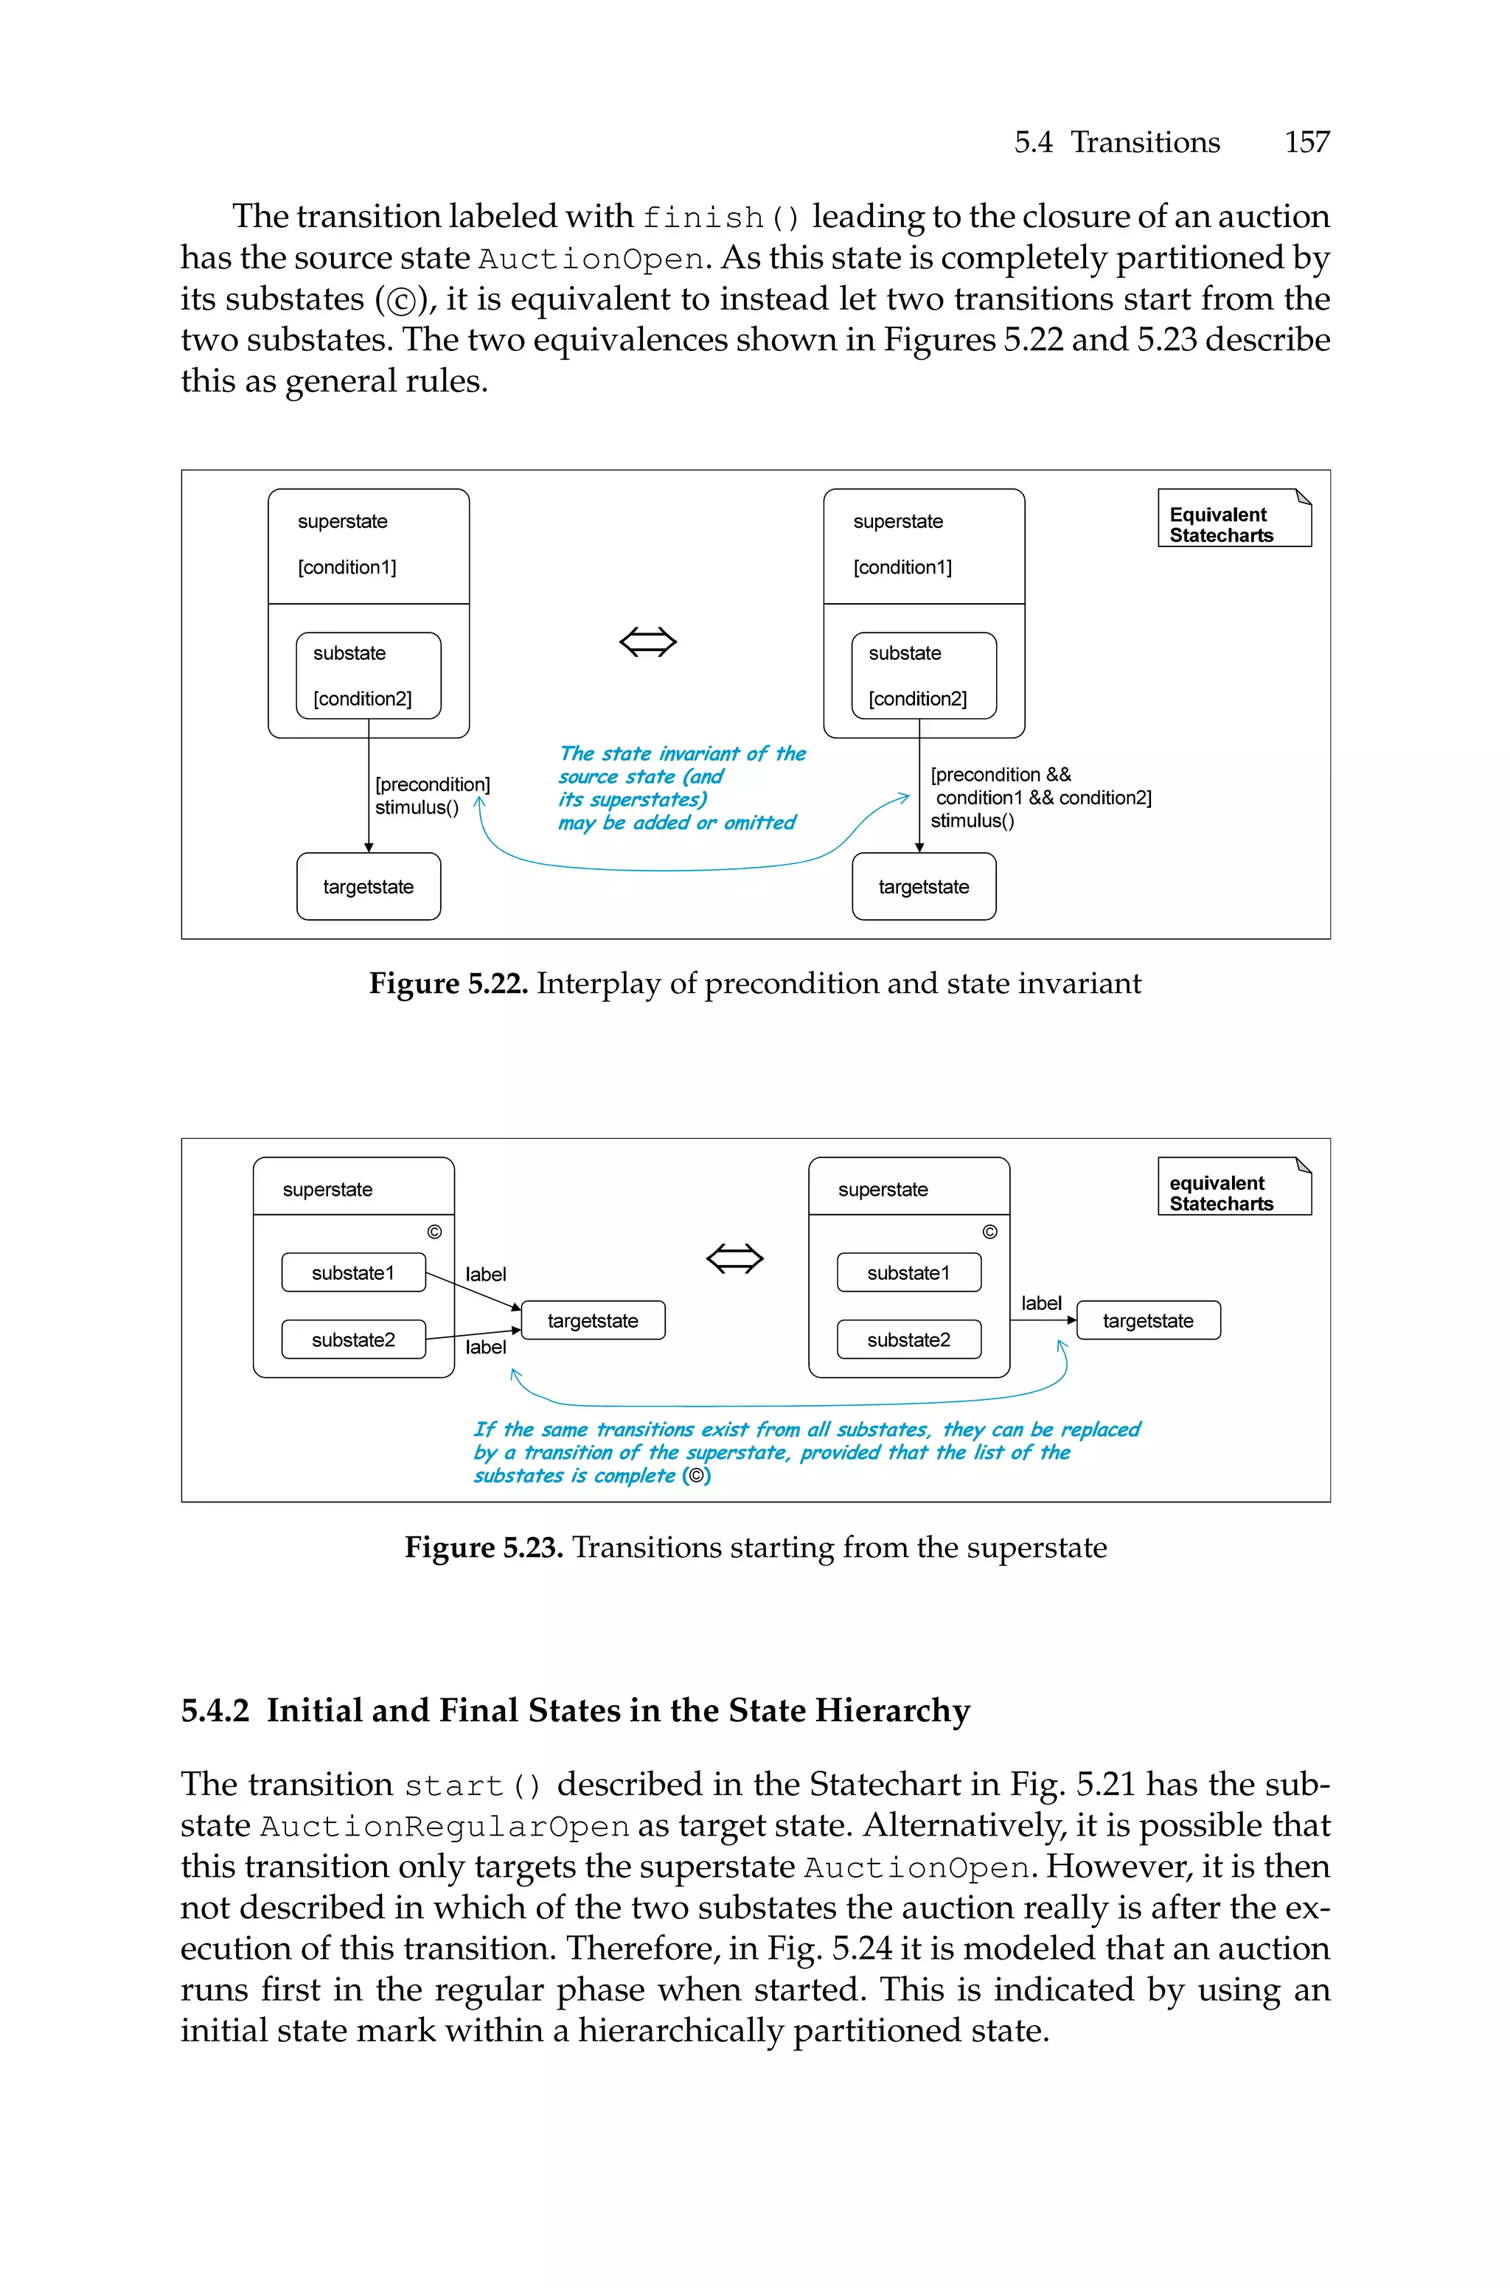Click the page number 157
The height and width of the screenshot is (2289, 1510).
(1307, 142)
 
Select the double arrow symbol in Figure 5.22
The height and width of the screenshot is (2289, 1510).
(648, 641)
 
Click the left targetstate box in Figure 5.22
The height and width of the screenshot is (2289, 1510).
(368, 887)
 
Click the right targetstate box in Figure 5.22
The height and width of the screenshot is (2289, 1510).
(924, 887)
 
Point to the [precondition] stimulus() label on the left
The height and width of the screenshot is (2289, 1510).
(431, 796)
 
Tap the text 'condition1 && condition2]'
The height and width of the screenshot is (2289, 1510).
(1043, 798)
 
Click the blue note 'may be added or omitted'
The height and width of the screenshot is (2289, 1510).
(676, 823)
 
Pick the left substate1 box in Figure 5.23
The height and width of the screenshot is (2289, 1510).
(352, 1272)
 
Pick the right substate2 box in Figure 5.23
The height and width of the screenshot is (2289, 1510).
(908, 1340)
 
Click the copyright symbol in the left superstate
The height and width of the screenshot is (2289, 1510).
(434, 1232)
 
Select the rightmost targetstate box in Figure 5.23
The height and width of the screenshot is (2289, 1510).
(1148, 1320)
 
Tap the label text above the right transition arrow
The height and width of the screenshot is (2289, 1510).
(1041, 1303)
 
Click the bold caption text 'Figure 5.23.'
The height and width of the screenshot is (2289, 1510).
(484, 1548)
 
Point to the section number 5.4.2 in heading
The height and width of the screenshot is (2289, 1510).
(215, 1710)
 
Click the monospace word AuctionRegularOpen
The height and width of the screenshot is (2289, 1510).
(444, 1827)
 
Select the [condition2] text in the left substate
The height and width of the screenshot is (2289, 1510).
(362, 699)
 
